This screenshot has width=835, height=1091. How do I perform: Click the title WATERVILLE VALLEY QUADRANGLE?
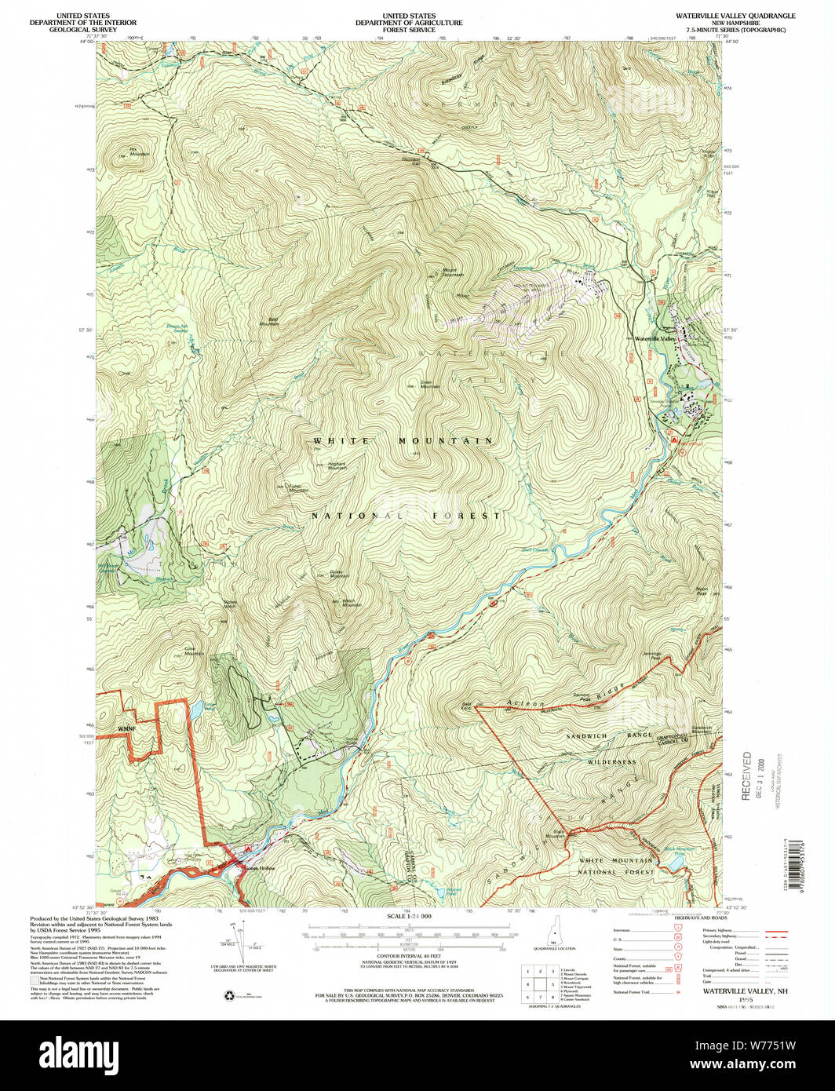(x=730, y=16)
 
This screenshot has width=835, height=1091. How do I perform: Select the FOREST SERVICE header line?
(x=408, y=31)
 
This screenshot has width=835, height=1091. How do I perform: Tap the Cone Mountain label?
(x=193, y=651)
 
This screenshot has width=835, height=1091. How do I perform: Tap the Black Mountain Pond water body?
(x=675, y=862)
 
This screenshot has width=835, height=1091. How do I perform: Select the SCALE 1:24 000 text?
(x=409, y=916)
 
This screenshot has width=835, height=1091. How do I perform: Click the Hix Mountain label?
(x=139, y=152)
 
